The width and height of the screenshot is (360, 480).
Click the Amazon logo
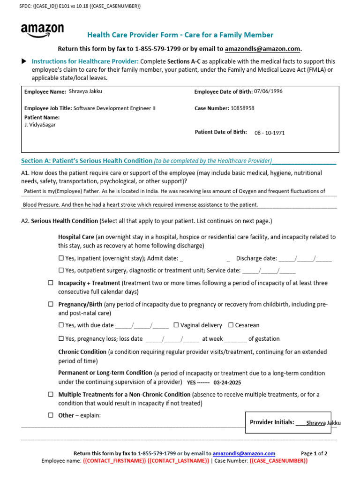coord(42,31)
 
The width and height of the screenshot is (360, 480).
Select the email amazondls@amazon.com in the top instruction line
coord(262,49)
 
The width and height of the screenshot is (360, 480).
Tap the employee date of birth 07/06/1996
coord(269,91)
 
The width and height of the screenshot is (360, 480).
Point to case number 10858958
coord(242,108)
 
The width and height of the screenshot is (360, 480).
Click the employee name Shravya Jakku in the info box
coord(85,91)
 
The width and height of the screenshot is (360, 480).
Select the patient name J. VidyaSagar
coord(40,125)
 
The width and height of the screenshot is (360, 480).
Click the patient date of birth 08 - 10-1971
coord(270,133)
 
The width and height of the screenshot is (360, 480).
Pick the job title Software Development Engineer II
coord(114,108)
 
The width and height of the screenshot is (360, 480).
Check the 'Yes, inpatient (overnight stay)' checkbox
coord(61,258)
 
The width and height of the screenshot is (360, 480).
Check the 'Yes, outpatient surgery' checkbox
coord(61,270)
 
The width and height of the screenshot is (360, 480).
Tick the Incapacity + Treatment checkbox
coord(51,283)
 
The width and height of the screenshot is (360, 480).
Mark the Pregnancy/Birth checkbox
coord(51,304)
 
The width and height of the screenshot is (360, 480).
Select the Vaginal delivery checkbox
coord(176,325)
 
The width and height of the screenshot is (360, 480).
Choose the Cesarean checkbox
coord(231,325)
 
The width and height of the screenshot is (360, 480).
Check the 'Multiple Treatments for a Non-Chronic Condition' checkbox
coord(51,395)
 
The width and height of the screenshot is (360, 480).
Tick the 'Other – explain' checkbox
coord(51,415)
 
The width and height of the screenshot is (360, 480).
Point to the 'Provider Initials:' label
coord(272,422)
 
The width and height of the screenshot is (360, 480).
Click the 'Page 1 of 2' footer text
coord(314,454)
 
